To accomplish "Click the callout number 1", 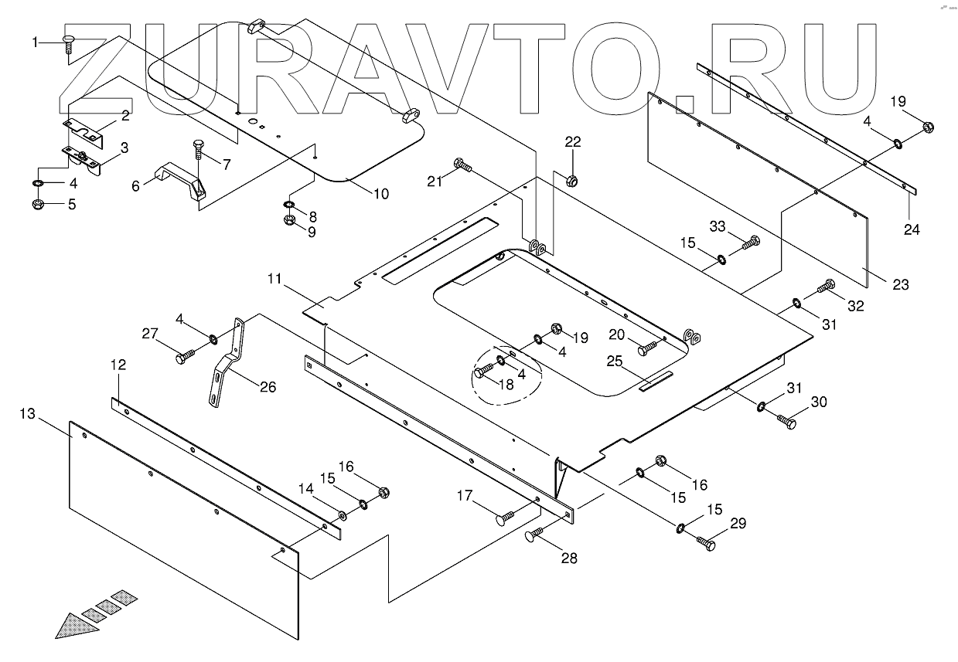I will pos(35,42).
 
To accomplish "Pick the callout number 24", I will pos(912,229).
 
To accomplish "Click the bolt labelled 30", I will pos(786,422).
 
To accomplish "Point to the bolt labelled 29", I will pos(706,543).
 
